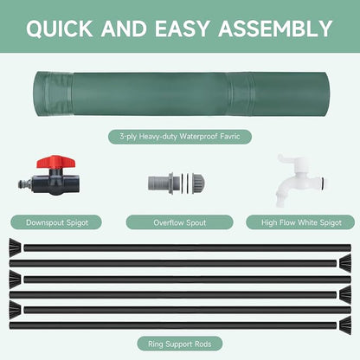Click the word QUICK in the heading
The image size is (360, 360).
point(60,29)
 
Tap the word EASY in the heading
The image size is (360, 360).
point(182,29)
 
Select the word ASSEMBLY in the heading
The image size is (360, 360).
point(275,29)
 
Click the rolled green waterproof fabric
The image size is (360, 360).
point(182,94)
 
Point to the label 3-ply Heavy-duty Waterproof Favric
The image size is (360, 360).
point(180,137)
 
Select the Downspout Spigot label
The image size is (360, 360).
point(57,222)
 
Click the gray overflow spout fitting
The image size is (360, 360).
point(177,183)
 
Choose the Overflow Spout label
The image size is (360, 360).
point(179,222)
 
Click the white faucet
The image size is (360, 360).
point(300,180)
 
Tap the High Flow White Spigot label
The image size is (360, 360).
point(301,222)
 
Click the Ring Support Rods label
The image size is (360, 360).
point(179,344)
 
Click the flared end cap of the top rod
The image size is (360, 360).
point(15,246)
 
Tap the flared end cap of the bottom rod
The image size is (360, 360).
point(345,325)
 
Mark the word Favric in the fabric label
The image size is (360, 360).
point(230,136)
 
